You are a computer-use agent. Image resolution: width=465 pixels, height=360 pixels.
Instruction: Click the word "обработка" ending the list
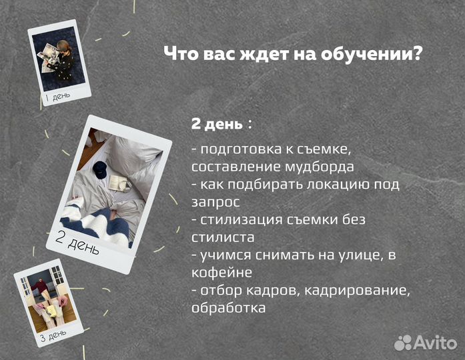point(227,307)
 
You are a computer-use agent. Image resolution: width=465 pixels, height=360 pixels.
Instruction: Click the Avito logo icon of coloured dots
point(404,343)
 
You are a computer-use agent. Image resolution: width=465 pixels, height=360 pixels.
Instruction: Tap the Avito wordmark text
point(436,343)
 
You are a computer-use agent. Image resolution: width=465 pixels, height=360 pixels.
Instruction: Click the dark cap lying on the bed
point(99,169)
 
